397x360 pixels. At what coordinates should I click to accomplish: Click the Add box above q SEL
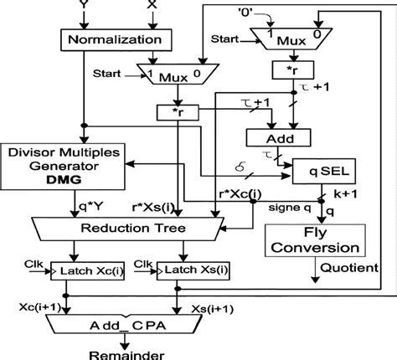click(x=276, y=136)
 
